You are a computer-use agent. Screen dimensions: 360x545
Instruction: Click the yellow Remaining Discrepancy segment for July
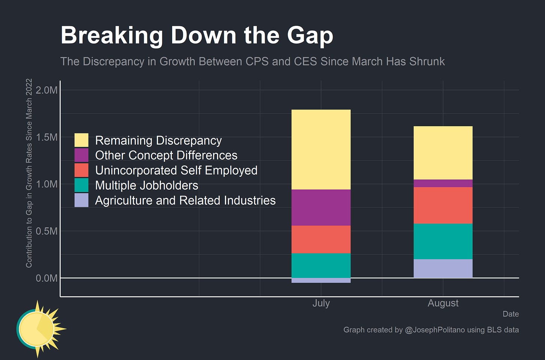[x=321, y=149]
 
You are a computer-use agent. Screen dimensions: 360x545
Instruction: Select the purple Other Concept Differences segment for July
[x=321, y=208]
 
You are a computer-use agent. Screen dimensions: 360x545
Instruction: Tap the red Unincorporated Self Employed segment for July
[x=321, y=239]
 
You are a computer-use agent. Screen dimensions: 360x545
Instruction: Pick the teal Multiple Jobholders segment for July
[x=321, y=266]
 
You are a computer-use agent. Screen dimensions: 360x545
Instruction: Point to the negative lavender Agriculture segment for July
[x=321, y=281]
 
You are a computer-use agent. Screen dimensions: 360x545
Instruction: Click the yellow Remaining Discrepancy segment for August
[x=443, y=153]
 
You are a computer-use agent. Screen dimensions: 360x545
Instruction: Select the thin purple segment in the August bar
[x=443, y=183]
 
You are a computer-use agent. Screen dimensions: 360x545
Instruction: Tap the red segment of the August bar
[x=443, y=205]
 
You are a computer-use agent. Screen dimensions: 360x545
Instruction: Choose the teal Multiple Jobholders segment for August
[x=443, y=241]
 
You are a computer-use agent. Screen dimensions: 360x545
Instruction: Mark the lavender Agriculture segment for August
[x=443, y=269]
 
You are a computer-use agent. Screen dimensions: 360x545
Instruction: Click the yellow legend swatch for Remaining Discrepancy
[x=81, y=140]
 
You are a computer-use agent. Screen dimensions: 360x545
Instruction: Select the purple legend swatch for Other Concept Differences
[x=81, y=155]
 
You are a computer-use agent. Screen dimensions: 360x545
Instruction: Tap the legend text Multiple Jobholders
[x=146, y=185]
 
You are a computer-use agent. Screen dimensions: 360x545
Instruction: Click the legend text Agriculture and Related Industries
[x=185, y=200]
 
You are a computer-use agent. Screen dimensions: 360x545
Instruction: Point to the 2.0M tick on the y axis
[x=47, y=90]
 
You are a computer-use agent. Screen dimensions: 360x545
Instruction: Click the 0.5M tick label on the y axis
[x=47, y=231]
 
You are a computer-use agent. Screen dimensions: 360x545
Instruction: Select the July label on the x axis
[x=321, y=303]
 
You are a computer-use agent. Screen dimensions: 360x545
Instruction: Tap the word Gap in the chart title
[x=310, y=36]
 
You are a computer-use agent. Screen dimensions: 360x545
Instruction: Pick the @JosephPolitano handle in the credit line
[x=435, y=330]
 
